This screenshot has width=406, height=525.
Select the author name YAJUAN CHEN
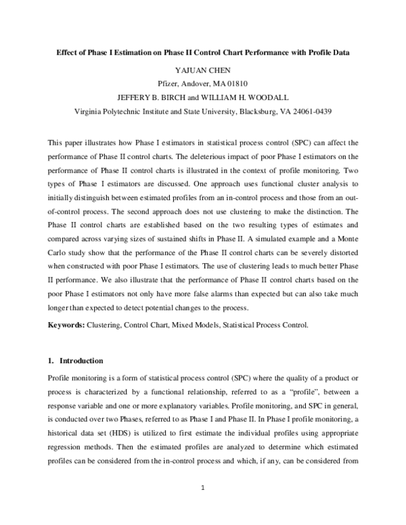[202, 68]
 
